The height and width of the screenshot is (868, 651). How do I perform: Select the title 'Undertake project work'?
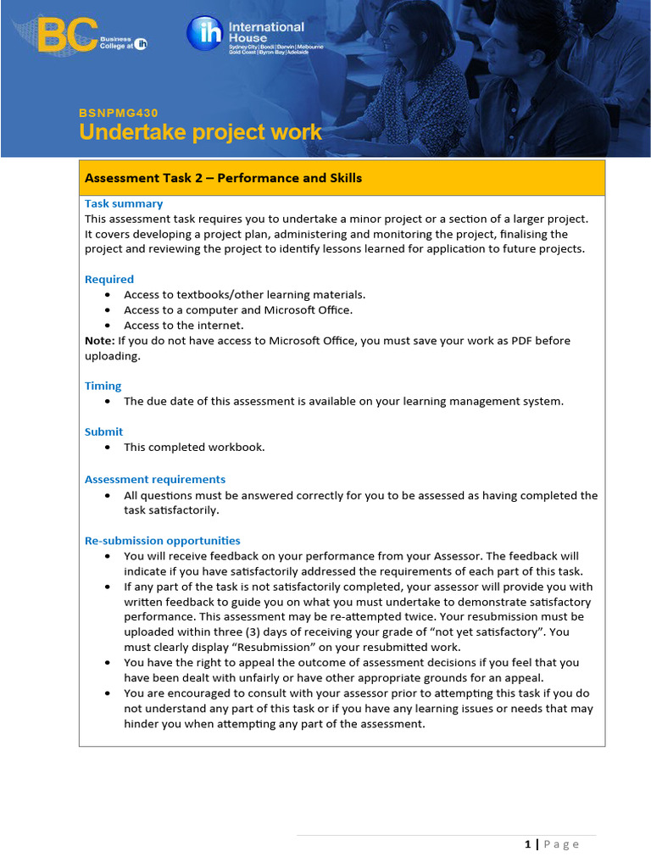coord(200,133)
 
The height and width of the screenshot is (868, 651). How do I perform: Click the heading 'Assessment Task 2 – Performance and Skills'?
coord(223,178)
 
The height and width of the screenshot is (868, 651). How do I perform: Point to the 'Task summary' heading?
coord(124,203)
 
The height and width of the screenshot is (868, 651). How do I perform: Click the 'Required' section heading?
coord(109,279)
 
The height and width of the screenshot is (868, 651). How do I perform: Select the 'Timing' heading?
coord(103,386)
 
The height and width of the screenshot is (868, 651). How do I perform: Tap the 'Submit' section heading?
coord(103,431)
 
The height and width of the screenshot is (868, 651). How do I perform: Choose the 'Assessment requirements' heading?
coord(155,479)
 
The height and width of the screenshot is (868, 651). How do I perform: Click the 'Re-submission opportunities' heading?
coord(162,541)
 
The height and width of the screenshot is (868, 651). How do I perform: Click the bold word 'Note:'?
coord(99,341)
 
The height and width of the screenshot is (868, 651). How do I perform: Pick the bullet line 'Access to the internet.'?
coord(183,325)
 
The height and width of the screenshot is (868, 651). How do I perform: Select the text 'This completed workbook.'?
coord(194,447)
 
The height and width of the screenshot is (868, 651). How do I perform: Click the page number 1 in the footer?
coord(528,843)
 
